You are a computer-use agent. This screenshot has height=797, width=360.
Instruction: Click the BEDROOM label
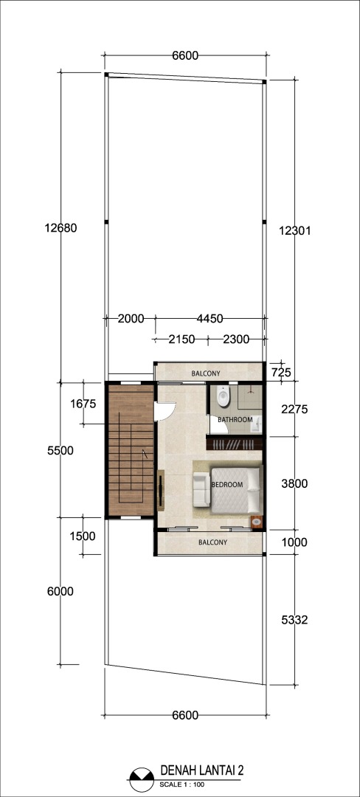(227, 484)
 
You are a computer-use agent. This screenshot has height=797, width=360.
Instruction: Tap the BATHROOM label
(235, 420)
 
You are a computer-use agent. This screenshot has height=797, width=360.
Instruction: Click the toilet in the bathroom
(222, 396)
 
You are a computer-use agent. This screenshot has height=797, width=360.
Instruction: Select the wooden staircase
(131, 450)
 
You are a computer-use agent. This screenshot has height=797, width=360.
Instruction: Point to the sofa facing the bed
(201, 489)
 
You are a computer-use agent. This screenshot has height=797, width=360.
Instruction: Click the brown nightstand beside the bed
(257, 522)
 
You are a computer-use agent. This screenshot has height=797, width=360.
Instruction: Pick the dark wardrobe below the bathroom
(234, 444)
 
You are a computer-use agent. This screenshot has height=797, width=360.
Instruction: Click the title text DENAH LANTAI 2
(202, 770)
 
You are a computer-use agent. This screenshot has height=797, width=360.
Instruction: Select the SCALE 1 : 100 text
(181, 784)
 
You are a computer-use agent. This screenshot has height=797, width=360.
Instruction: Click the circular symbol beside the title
(142, 779)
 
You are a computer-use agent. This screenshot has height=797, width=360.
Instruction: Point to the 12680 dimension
(60, 228)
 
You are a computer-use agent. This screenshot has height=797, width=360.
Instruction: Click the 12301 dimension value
(294, 230)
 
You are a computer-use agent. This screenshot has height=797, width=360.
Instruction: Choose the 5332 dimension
(294, 620)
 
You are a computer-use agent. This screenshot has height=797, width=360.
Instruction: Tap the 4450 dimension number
(210, 319)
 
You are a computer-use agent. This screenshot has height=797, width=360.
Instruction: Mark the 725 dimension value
(281, 373)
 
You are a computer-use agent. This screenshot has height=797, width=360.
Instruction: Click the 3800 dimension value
(294, 484)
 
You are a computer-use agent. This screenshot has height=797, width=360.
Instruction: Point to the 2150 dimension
(181, 339)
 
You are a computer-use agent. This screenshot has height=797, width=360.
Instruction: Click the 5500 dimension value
(60, 450)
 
